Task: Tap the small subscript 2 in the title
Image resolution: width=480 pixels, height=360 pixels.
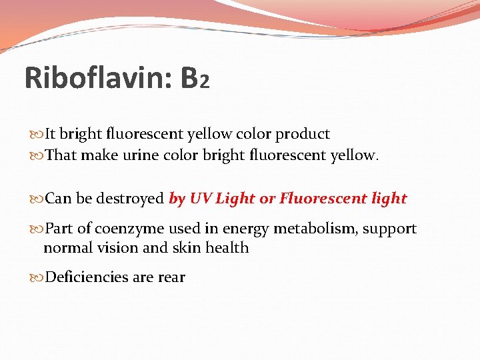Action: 205,83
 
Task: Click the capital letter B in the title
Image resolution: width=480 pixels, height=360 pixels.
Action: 189,79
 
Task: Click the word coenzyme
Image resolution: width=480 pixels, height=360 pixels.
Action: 129,229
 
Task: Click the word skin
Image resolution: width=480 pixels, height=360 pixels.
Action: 185,248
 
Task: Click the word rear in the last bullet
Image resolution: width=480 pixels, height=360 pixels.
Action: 172,278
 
